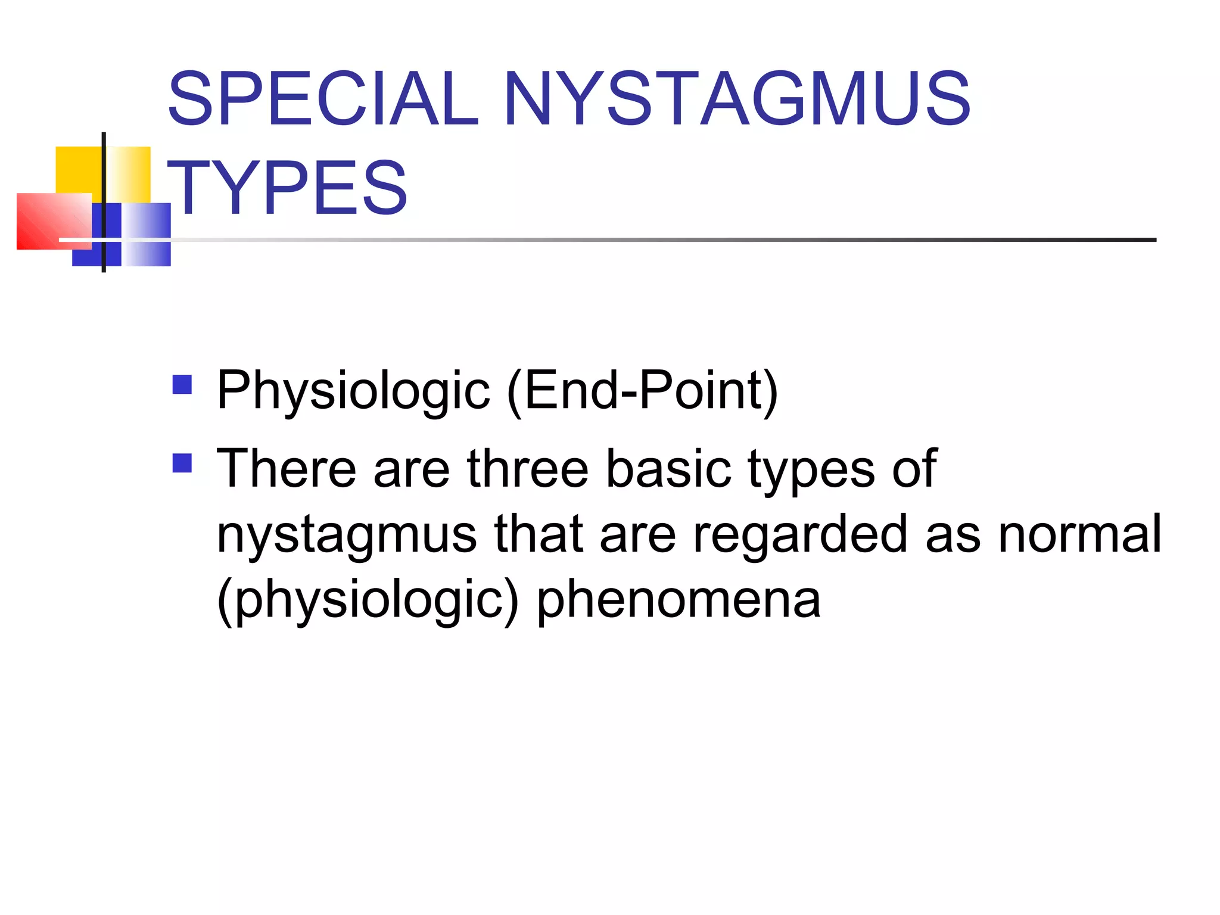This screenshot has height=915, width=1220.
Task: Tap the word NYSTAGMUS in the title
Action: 737,99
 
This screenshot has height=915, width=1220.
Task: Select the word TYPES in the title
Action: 287,188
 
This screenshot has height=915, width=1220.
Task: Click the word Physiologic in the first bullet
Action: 353,391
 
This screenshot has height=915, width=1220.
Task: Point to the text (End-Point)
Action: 642,391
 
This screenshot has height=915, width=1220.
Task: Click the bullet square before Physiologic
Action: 182,384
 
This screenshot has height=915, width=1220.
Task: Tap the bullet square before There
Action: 182,463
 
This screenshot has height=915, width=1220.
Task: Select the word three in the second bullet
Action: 528,469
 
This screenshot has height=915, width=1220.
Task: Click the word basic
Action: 668,469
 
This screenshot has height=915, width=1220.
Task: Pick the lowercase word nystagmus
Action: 347,534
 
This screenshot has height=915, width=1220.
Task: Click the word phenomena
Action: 679,600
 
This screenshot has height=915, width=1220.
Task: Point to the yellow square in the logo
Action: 77,169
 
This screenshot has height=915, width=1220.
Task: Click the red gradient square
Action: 48,222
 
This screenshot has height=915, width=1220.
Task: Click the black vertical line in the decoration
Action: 104,179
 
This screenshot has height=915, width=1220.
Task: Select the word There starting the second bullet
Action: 287,469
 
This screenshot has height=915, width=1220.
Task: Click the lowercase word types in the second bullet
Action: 811,469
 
